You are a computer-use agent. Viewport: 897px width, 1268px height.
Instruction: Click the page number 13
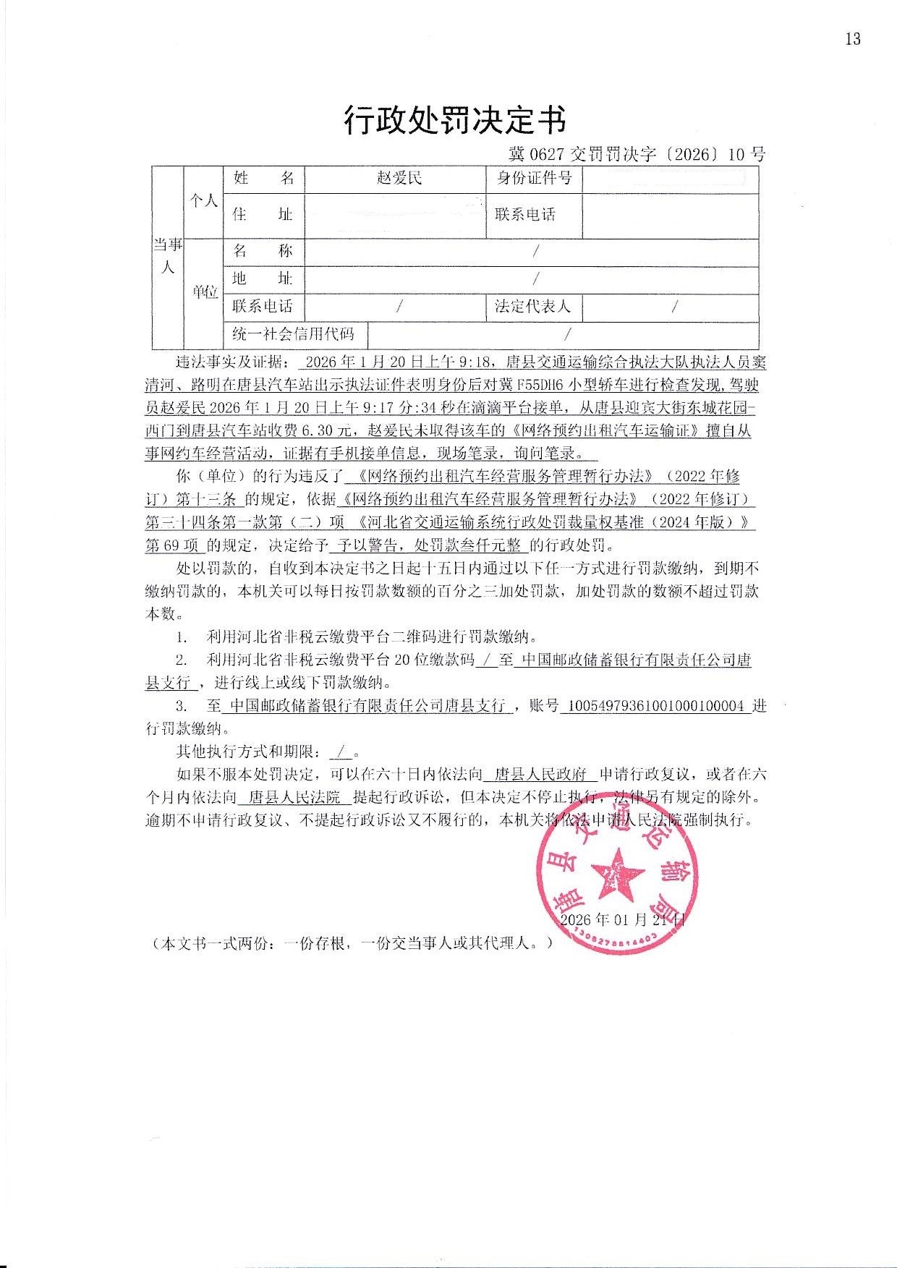pos(852,39)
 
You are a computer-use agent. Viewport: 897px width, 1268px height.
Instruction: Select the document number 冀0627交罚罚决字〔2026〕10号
pos(637,154)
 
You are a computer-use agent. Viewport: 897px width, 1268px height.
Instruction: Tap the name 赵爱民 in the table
pos(399,178)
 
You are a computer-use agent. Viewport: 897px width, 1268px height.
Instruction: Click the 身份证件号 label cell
pos(534,178)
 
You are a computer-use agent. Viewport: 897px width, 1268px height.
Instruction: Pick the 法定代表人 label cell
pos(533,307)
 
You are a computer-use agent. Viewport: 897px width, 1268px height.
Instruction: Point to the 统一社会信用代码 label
pos(294,333)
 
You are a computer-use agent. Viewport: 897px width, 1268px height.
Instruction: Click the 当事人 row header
pos(167,256)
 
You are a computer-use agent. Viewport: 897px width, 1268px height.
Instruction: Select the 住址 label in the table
pos(263,214)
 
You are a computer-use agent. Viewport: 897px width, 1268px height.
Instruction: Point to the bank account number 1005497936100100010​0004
pos(657,706)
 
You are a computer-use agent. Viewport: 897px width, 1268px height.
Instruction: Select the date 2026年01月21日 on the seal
pos(622,919)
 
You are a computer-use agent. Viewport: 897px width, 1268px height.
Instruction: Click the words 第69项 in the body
pos(173,545)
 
